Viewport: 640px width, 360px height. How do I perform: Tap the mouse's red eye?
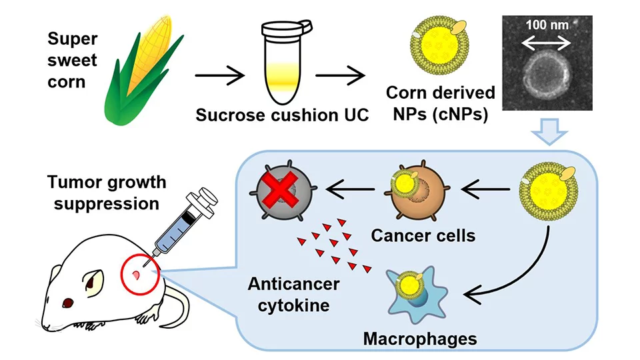click(x=67, y=303)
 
